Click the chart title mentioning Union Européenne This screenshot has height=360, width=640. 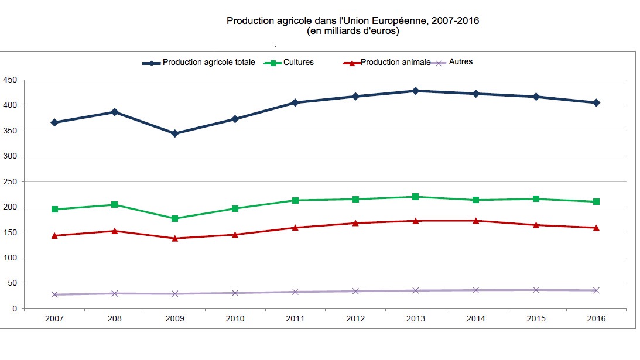pos(352,21)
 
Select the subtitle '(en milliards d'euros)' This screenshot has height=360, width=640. pos(352,32)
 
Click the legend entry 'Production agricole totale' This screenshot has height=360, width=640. pos(208,63)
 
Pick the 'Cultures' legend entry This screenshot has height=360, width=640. pos(298,63)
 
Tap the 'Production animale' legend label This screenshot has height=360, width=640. pos(395,63)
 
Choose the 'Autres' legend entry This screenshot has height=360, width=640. pos(460,62)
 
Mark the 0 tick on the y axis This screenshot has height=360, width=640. pos(15,308)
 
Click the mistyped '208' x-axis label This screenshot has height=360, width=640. pos(114,319)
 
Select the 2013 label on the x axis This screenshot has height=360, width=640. pos(415,319)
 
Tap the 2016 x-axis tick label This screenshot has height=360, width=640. pos(596,319)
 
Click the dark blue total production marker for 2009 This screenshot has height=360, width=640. pos(174,133)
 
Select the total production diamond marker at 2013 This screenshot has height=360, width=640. pos(415,91)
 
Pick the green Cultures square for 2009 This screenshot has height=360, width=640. pos(174,218)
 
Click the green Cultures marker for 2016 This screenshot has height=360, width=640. pos(596,201)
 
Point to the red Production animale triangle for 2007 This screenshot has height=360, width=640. pos(54,235)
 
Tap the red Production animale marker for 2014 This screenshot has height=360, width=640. pos(475,221)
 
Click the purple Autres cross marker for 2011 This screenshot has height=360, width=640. pos(295,292)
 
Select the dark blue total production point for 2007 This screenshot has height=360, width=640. pos(54,122)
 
